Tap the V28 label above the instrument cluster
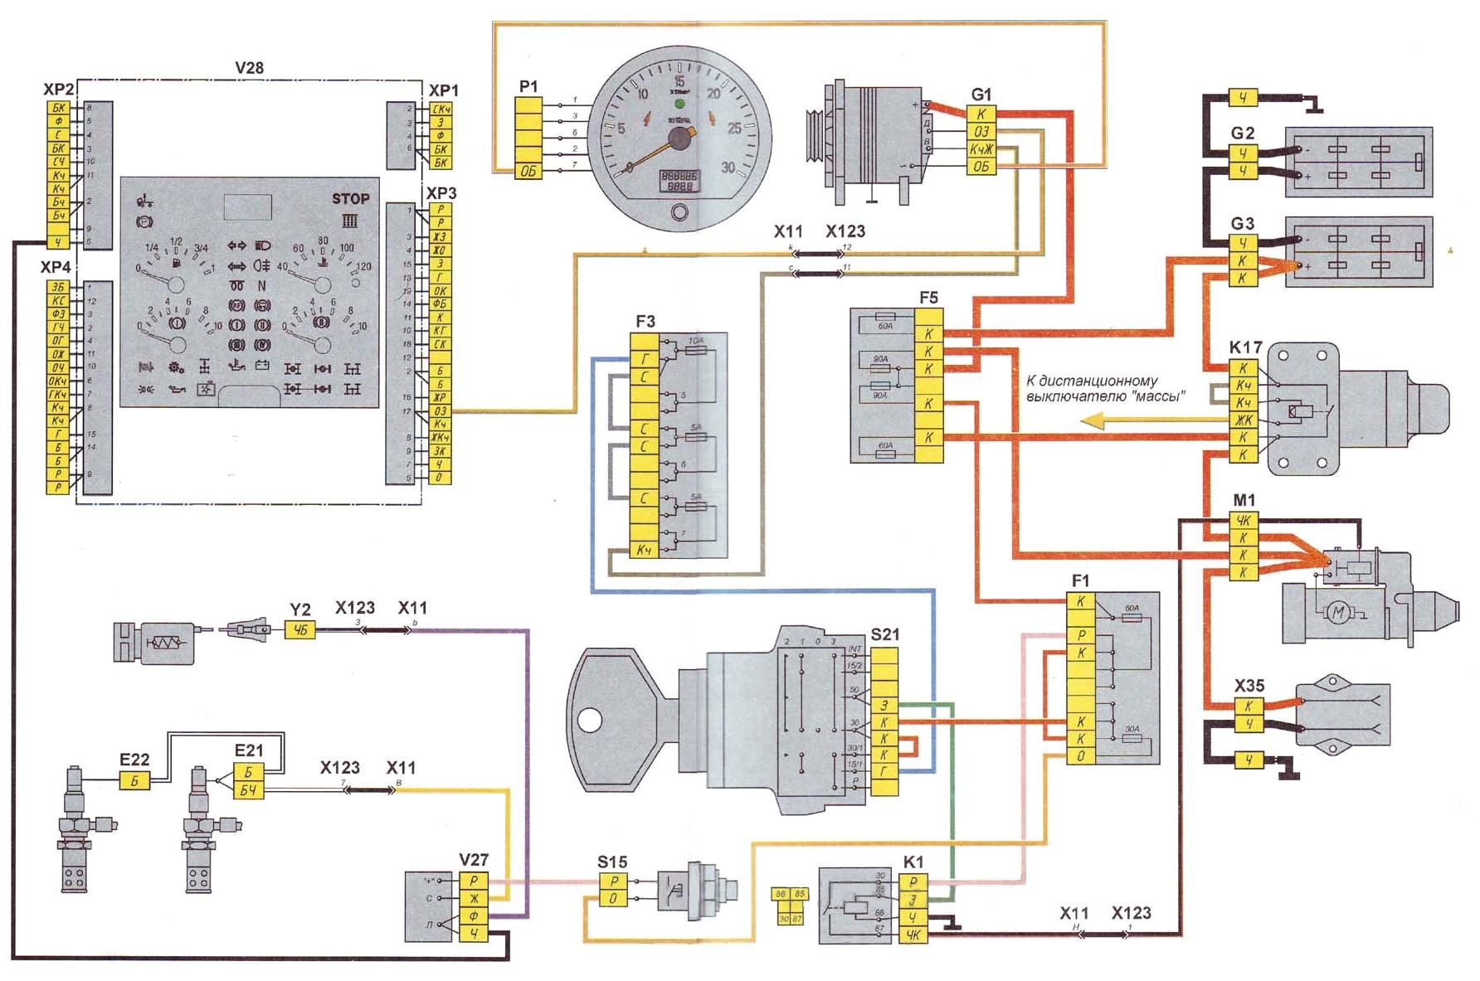click(x=249, y=68)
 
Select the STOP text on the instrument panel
click(x=350, y=199)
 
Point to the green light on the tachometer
click(x=680, y=104)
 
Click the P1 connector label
click(x=528, y=86)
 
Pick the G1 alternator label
click(x=981, y=95)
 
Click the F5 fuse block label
click(x=929, y=297)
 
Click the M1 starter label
click(x=1244, y=500)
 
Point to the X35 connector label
click(x=1249, y=686)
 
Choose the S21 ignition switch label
click(x=885, y=634)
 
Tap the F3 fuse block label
click(x=645, y=321)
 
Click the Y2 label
click(x=299, y=610)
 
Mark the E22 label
click(x=134, y=760)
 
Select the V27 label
click(x=474, y=860)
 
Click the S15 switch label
click(x=612, y=862)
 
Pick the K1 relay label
click(x=913, y=862)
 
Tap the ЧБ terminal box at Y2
click(x=300, y=630)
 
